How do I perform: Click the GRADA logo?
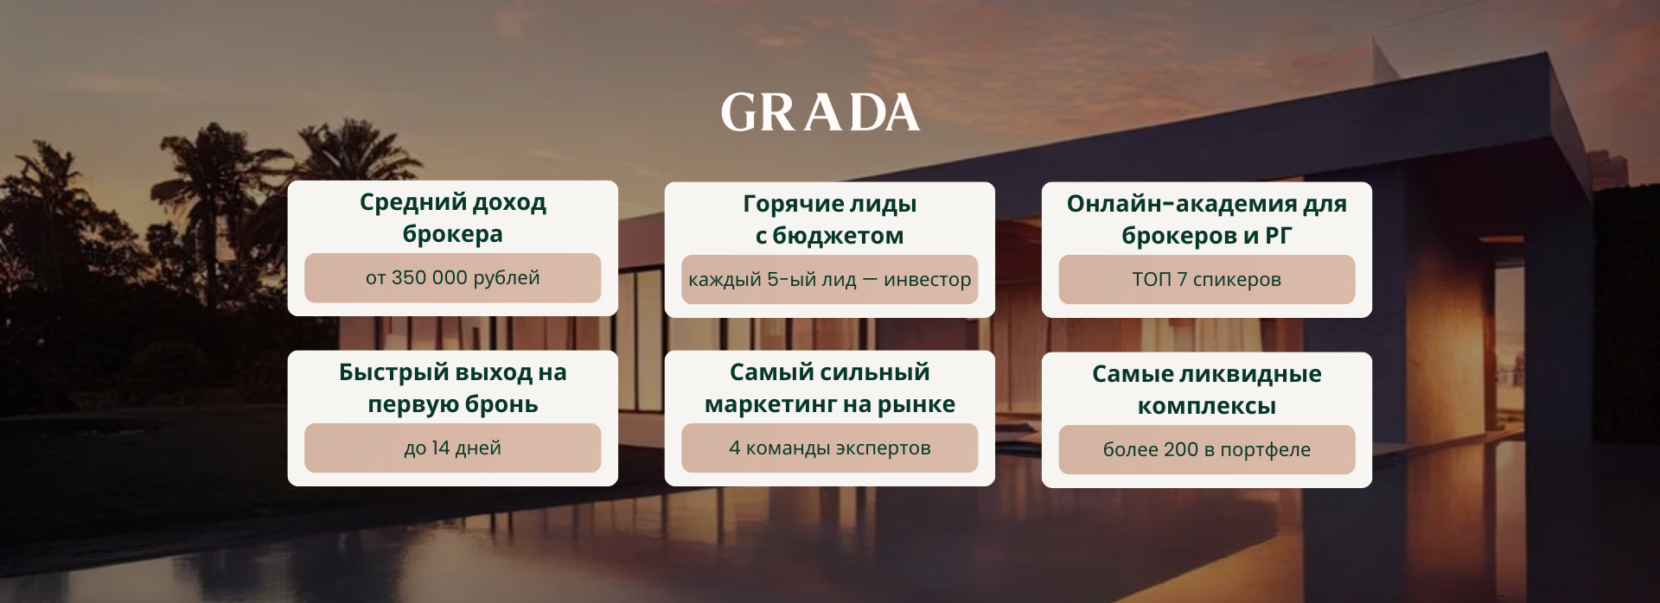(820, 113)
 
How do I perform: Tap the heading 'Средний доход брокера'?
(452, 218)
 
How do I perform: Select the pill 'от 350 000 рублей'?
(452, 277)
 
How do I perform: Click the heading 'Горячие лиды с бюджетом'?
(829, 219)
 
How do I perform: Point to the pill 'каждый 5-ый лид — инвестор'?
(829, 279)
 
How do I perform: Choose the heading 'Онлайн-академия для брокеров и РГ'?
(1206, 219)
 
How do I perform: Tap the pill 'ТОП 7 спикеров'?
(1206, 279)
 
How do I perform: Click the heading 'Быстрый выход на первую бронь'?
(452, 388)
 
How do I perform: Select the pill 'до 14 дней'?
(452, 447)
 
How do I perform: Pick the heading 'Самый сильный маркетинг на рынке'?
(829, 388)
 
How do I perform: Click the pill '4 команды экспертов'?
(829, 447)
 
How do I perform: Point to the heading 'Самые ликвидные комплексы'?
(1206, 390)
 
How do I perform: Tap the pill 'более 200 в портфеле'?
(1206, 449)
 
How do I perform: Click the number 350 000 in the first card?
(429, 277)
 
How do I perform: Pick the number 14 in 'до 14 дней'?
(441, 447)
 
